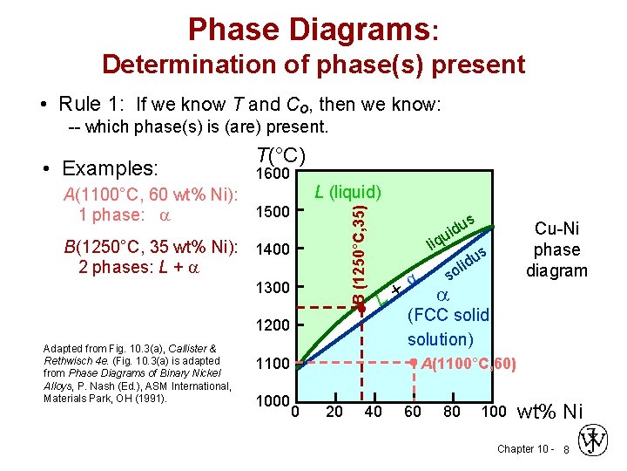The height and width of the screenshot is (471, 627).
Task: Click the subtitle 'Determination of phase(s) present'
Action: pyautogui.click(x=313, y=65)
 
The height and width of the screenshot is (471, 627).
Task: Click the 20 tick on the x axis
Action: pyautogui.click(x=334, y=412)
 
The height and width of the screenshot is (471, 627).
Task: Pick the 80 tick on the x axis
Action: pyautogui.click(x=452, y=412)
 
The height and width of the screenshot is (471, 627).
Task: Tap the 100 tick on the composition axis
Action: pyautogui.click(x=492, y=412)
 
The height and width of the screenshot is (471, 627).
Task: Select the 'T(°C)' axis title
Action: pyautogui.click(x=280, y=155)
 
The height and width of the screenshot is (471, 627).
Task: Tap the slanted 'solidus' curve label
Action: pyautogui.click(x=465, y=263)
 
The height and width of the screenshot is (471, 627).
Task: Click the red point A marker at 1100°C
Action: pyautogui.click(x=415, y=362)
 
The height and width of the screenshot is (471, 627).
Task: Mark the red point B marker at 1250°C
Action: pyautogui.click(x=359, y=306)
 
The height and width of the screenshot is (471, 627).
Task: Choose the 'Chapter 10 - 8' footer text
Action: pyautogui.click(x=532, y=449)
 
